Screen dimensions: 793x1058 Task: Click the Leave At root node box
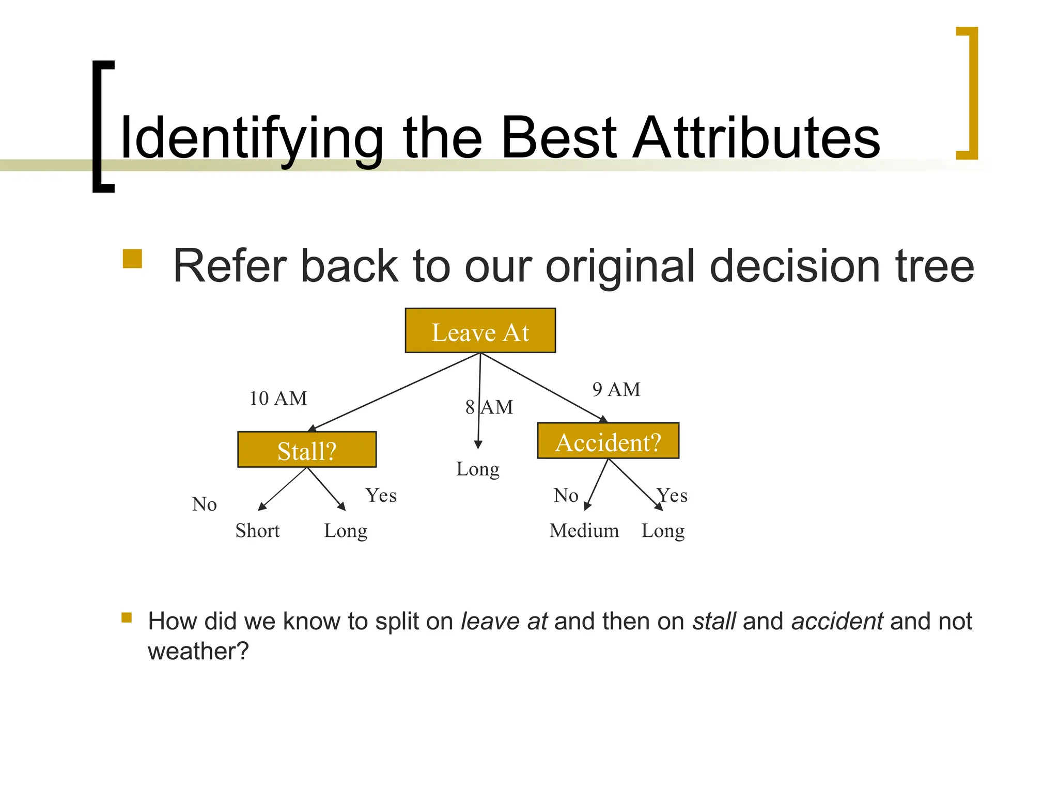[480, 331]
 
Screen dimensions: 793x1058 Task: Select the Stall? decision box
[307, 450]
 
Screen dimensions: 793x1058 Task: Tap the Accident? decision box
[608, 441]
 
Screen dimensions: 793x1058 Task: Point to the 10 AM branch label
[278, 399]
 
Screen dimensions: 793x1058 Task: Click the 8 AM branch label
[489, 407]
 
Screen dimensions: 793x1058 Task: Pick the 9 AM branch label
[616, 389]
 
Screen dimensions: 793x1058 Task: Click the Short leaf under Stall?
[257, 531]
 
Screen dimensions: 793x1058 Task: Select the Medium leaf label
[584, 531]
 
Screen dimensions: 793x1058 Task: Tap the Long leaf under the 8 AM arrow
[478, 469]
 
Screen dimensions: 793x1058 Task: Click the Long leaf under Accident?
[663, 531]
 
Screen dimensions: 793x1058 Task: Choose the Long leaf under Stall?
[346, 531]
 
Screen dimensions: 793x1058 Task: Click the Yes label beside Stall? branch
[381, 496]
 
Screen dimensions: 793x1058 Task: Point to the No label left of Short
[204, 504]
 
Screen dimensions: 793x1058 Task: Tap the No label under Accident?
[566, 496]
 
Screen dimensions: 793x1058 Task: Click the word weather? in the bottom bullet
[198, 651]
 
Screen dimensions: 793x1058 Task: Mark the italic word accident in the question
[837, 621]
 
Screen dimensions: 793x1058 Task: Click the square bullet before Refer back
[132, 259]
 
